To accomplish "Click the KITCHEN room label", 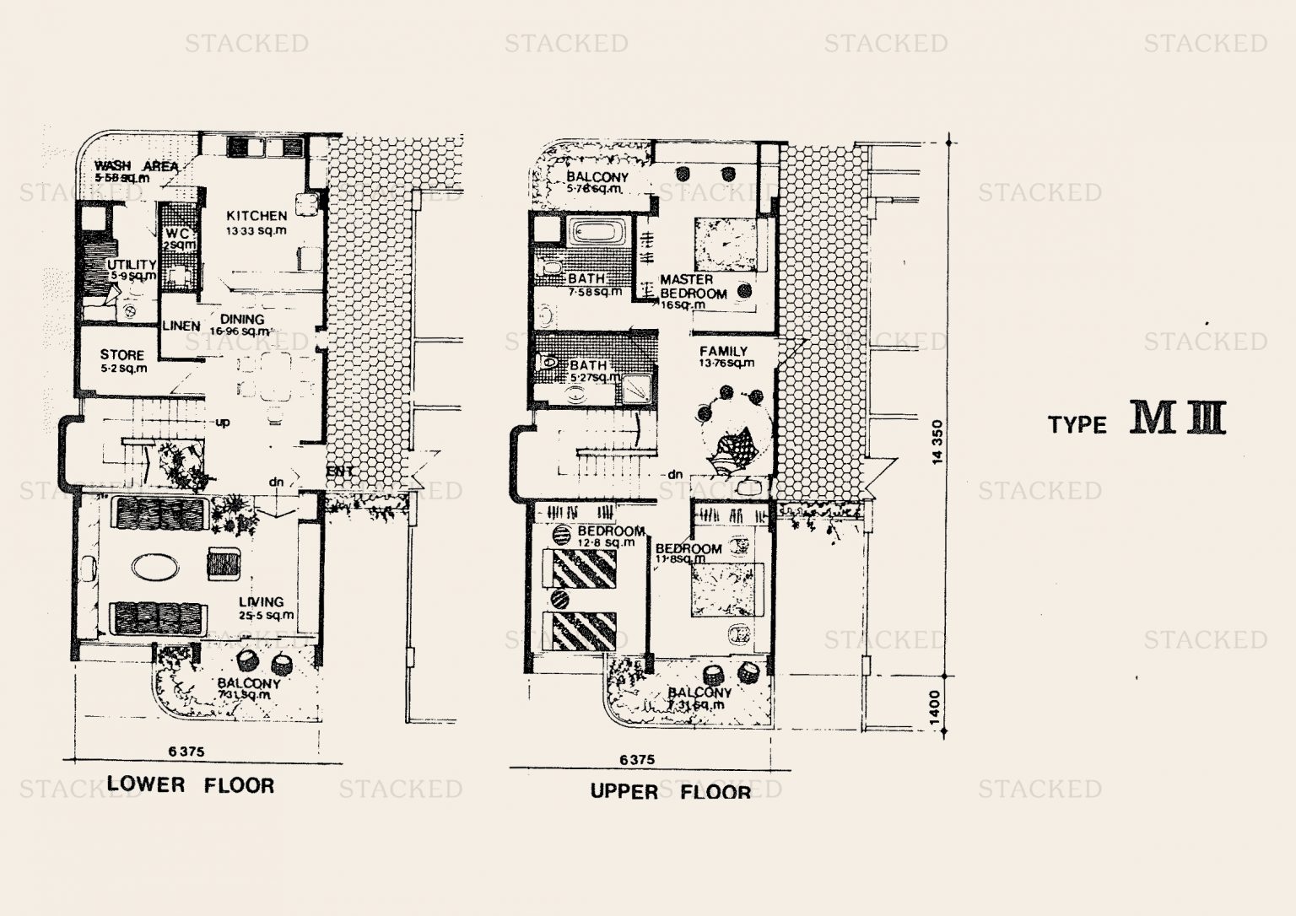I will pyautogui.click(x=256, y=216).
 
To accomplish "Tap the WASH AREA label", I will pyautogui.click(x=136, y=166).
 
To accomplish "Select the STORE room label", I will pyautogui.click(x=122, y=355).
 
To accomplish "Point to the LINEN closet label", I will pyautogui.click(x=181, y=326).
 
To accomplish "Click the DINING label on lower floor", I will pyautogui.click(x=242, y=320).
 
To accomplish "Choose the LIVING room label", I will pyautogui.click(x=261, y=601).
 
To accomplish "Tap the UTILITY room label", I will pyautogui.click(x=132, y=265).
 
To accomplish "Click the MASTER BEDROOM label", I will pyautogui.click(x=693, y=287).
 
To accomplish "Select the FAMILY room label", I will pyautogui.click(x=723, y=351).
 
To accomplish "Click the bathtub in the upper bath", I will pyautogui.click(x=596, y=231).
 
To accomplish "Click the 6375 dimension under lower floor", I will pyautogui.click(x=186, y=751).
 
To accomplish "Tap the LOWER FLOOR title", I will pyautogui.click(x=191, y=785).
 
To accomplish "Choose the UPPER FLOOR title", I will pyautogui.click(x=670, y=791).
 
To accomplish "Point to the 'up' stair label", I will pyautogui.click(x=223, y=422).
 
